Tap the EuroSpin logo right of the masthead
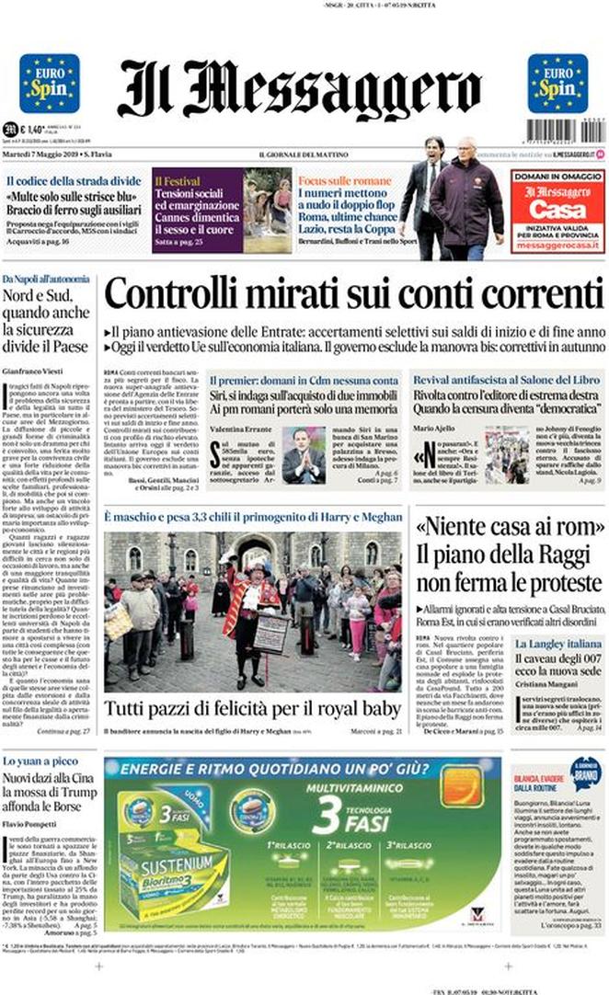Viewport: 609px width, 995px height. (x=557, y=84)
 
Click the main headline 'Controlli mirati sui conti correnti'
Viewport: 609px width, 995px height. (x=353, y=295)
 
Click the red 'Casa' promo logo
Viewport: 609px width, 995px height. (x=557, y=209)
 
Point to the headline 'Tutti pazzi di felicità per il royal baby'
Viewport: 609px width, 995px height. (x=252, y=709)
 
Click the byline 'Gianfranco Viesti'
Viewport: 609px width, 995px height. (x=35, y=369)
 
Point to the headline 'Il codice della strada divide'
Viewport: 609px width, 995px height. (x=75, y=180)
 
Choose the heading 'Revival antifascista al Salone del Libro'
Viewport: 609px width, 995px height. (x=504, y=380)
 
